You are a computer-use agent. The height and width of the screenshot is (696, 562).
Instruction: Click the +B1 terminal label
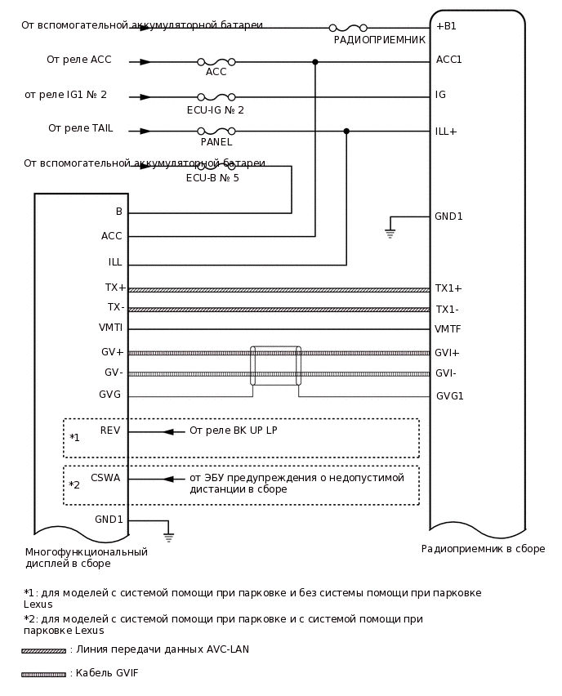pyautogui.click(x=446, y=26)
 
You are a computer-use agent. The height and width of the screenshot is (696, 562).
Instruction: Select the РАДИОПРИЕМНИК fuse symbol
pyautogui.click(x=348, y=28)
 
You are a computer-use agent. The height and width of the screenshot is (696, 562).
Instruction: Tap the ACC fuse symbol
pyautogui.click(x=216, y=62)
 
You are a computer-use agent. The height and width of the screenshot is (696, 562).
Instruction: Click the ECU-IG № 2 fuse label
pyautogui.click(x=215, y=110)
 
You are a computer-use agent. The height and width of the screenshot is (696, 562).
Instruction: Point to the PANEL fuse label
pyautogui.click(x=216, y=142)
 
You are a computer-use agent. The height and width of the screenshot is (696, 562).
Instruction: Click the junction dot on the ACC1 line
pyautogui.click(x=315, y=62)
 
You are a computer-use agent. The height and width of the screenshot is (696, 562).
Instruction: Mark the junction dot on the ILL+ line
pyautogui.click(x=346, y=131)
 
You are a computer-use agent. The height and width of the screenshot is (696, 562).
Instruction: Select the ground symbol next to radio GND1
pyautogui.click(x=390, y=234)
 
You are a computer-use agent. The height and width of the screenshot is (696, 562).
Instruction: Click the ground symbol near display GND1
pyautogui.click(x=168, y=537)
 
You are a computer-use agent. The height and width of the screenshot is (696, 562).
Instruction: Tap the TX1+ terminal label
pyautogui.click(x=448, y=288)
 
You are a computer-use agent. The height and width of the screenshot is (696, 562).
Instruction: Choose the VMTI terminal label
pyautogui.click(x=110, y=328)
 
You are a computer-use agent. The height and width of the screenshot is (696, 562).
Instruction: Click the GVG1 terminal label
pyautogui.click(x=449, y=396)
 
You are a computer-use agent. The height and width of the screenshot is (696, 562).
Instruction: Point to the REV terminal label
pyautogui.click(x=110, y=431)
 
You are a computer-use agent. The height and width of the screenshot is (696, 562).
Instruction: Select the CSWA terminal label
pyautogui.click(x=105, y=478)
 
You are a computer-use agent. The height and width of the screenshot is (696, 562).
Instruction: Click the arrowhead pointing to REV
pyautogui.click(x=168, y=431)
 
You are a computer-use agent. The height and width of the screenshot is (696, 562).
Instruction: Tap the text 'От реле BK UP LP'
pyautogui.click(x=233, y=431)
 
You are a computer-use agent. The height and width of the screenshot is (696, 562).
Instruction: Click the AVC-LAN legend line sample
pyautogui.click(x=44, y=651)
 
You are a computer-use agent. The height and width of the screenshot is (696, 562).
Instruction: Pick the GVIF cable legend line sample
pyautogui.click(x=44, y=675)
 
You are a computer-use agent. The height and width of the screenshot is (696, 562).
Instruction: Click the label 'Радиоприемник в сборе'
pyautogui.click(x=483, y=549)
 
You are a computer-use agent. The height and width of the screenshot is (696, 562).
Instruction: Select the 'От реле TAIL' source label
pyautogui.click(x=80, y=128)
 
